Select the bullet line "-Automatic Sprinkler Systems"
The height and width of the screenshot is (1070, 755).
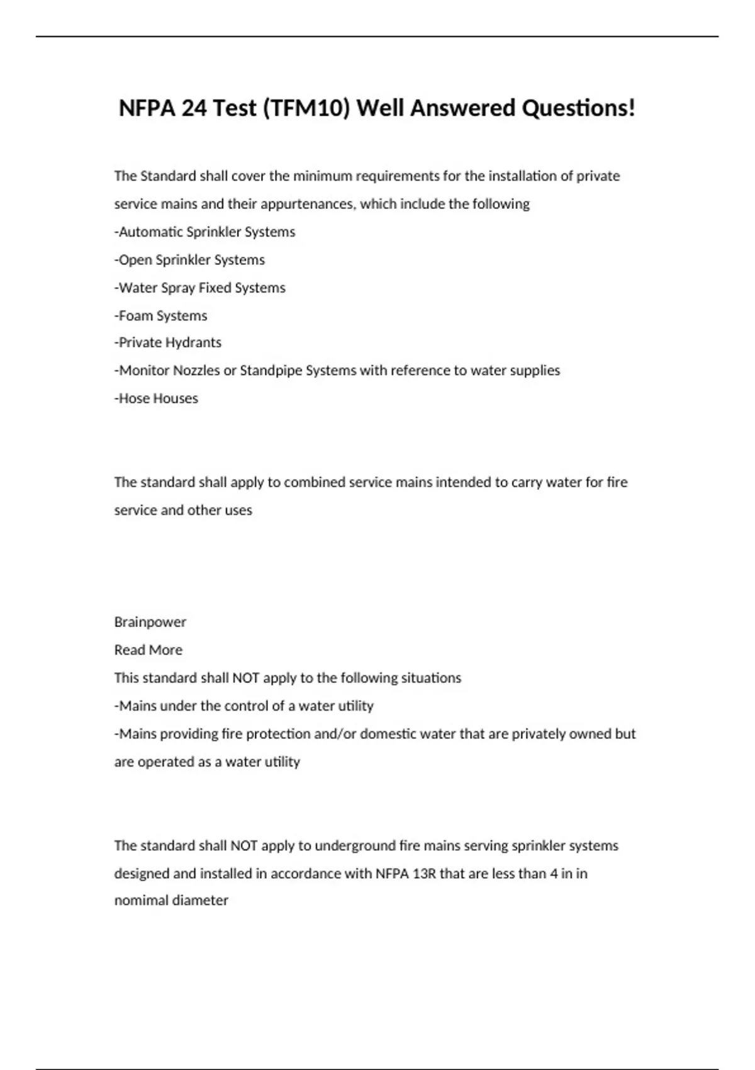coord(204,232)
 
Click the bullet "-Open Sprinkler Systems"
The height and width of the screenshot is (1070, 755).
coord(189,259)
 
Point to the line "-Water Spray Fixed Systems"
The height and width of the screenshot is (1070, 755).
coord(199,288)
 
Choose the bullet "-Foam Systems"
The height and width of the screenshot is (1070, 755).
coord(160,315)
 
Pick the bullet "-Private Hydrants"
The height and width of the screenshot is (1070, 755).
coord(167,342)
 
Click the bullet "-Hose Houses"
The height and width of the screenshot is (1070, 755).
coord(156,398)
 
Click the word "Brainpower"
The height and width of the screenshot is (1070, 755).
coord(150,622)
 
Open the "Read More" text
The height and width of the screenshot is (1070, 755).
coord(148,650)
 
